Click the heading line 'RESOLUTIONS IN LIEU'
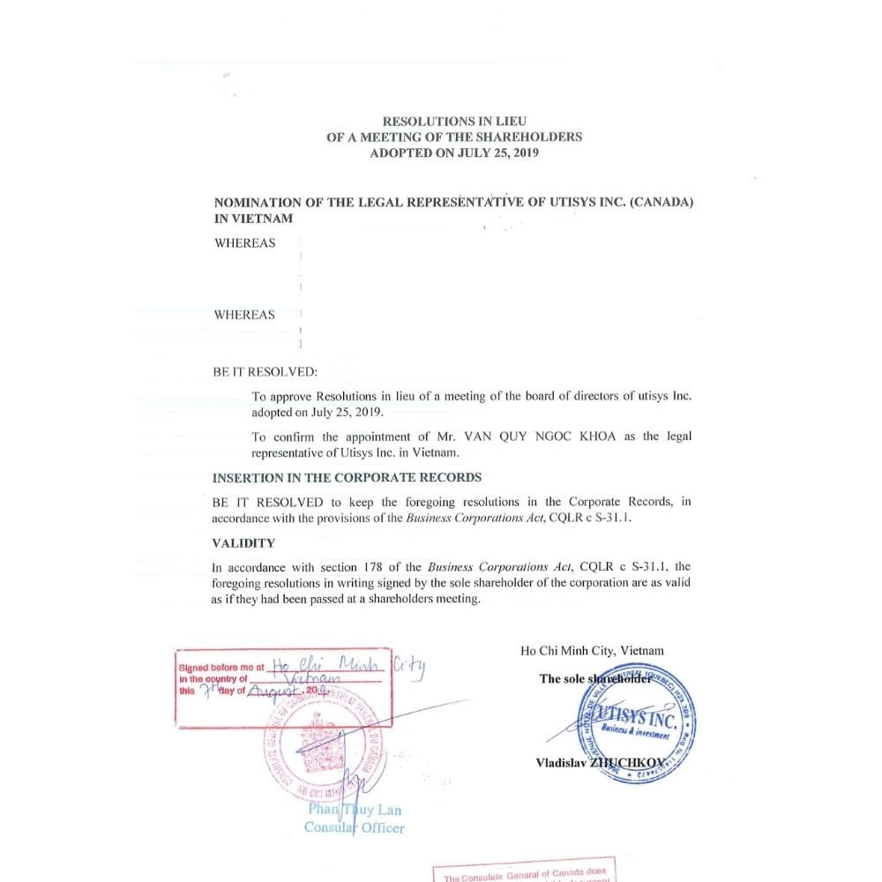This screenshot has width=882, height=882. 454,121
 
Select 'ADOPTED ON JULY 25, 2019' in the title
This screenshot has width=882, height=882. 454,153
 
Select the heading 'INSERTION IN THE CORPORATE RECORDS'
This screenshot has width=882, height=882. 347,477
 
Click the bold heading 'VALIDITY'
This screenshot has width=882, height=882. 243,543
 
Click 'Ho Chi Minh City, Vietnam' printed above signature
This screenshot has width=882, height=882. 592,651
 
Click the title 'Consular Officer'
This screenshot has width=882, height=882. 354,827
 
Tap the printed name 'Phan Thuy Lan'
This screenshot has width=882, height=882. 354,809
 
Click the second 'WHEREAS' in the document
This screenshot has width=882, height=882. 244,315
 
